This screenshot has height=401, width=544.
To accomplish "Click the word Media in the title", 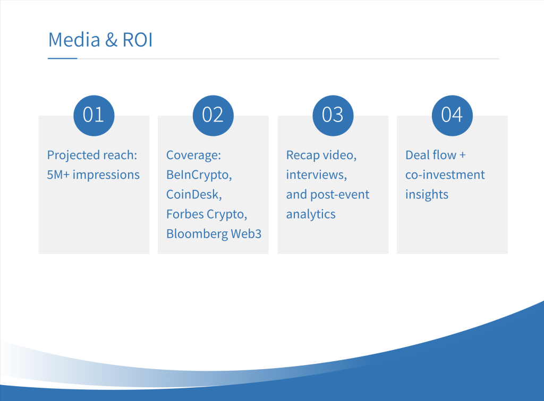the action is click(74, 39).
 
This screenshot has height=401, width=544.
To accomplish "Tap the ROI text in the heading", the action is click(138, 39).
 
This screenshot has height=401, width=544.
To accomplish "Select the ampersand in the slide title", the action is click(112, 39).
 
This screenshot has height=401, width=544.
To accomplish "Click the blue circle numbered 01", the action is click(93, 115).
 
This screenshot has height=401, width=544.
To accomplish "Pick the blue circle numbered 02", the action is click(213, 115).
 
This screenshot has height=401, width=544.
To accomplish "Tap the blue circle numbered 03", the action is click(333, 115).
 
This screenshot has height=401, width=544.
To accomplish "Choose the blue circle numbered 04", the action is click(452, 115).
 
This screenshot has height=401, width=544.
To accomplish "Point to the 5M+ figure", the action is click(58, 175).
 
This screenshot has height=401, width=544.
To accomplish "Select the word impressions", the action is click(106, 175).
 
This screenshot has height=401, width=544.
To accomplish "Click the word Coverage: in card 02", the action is click(193, 155).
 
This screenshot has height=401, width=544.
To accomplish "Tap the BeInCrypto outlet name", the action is click(199, 175).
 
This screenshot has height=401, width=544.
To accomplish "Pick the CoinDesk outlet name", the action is click(194, 195).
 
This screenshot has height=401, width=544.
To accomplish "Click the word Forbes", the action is click(185, 214).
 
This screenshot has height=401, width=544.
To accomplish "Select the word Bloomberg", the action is click(197, 234).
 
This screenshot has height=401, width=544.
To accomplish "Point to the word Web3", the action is click(246, 234).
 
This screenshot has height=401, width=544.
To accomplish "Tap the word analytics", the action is click(311, 214).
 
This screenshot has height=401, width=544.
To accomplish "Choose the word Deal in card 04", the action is click(418, 155).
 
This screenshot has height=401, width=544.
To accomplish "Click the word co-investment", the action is click(445, 175).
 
